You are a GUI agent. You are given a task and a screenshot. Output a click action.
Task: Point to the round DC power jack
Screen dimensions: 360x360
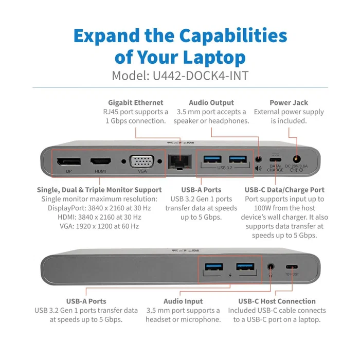pyautogui.click(x=296, y=160)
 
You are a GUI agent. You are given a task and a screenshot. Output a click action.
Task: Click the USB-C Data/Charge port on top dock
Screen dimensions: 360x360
pyautogui.click(x=275, y=160)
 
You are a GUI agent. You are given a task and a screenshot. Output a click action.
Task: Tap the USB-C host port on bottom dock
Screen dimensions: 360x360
pyautogui.click(x=292, y=267)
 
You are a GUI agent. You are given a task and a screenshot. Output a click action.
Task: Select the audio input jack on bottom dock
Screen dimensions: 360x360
pyautogui.click(x=271, y=267)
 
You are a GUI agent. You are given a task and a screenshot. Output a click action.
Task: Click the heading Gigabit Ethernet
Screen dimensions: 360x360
pyautogui.click(x=135, y=102)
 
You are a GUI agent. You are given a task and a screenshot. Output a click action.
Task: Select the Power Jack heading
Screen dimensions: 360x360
pyautogui.click(x=289, y=102)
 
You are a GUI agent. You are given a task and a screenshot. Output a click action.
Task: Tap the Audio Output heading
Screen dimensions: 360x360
pyautogui.click(x=211, y=102)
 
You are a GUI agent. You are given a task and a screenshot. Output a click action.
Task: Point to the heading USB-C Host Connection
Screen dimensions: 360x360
pyautogui.click(x=277, y=301)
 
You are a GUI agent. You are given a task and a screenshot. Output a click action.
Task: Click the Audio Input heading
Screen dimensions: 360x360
pyautogui.click(x=183, y=301)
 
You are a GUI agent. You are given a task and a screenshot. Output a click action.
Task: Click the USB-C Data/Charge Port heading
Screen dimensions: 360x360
pyautogui.click(x=284, y=190)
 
